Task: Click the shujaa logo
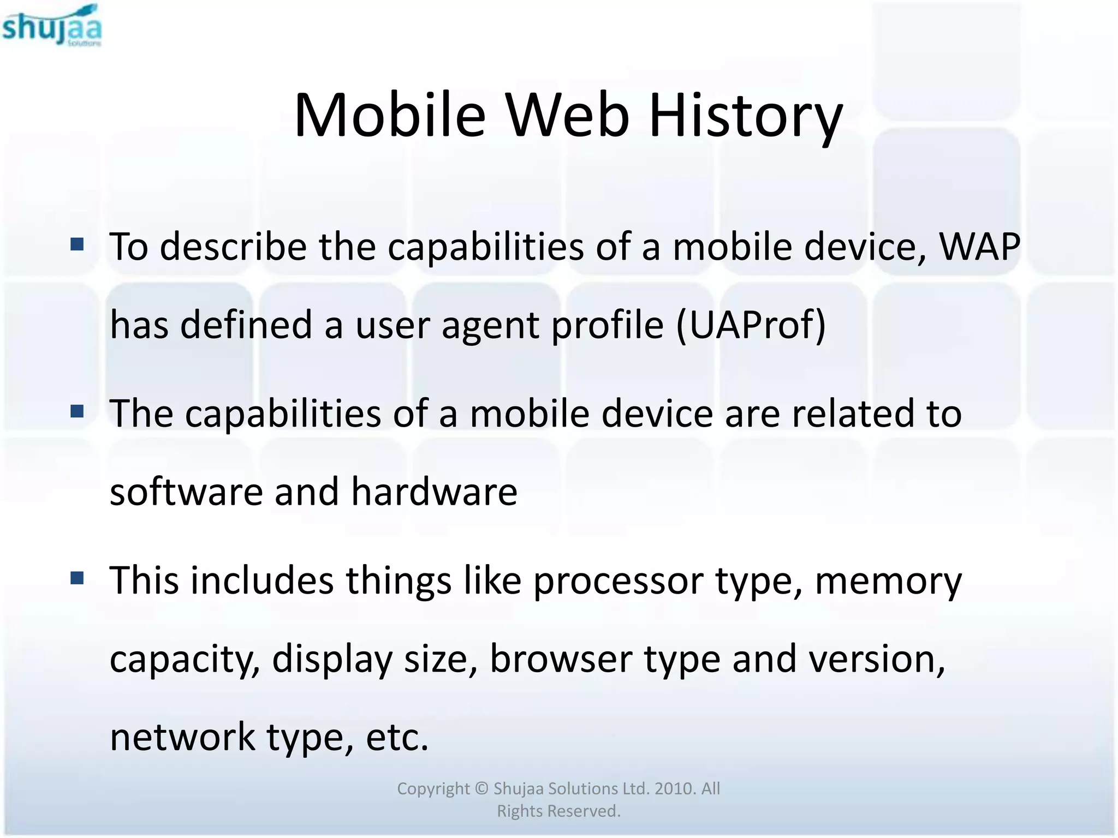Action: [x=52, y=26]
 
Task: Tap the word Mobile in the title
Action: [x=389, y=116]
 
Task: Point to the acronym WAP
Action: [x=979, y=247]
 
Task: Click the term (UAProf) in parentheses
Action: [x=751, y=326]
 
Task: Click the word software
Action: [x=186, y=492]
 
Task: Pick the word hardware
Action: [x=433, y=492]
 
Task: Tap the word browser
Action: [x=561, y=659]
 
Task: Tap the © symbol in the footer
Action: [x=481, y=788]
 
